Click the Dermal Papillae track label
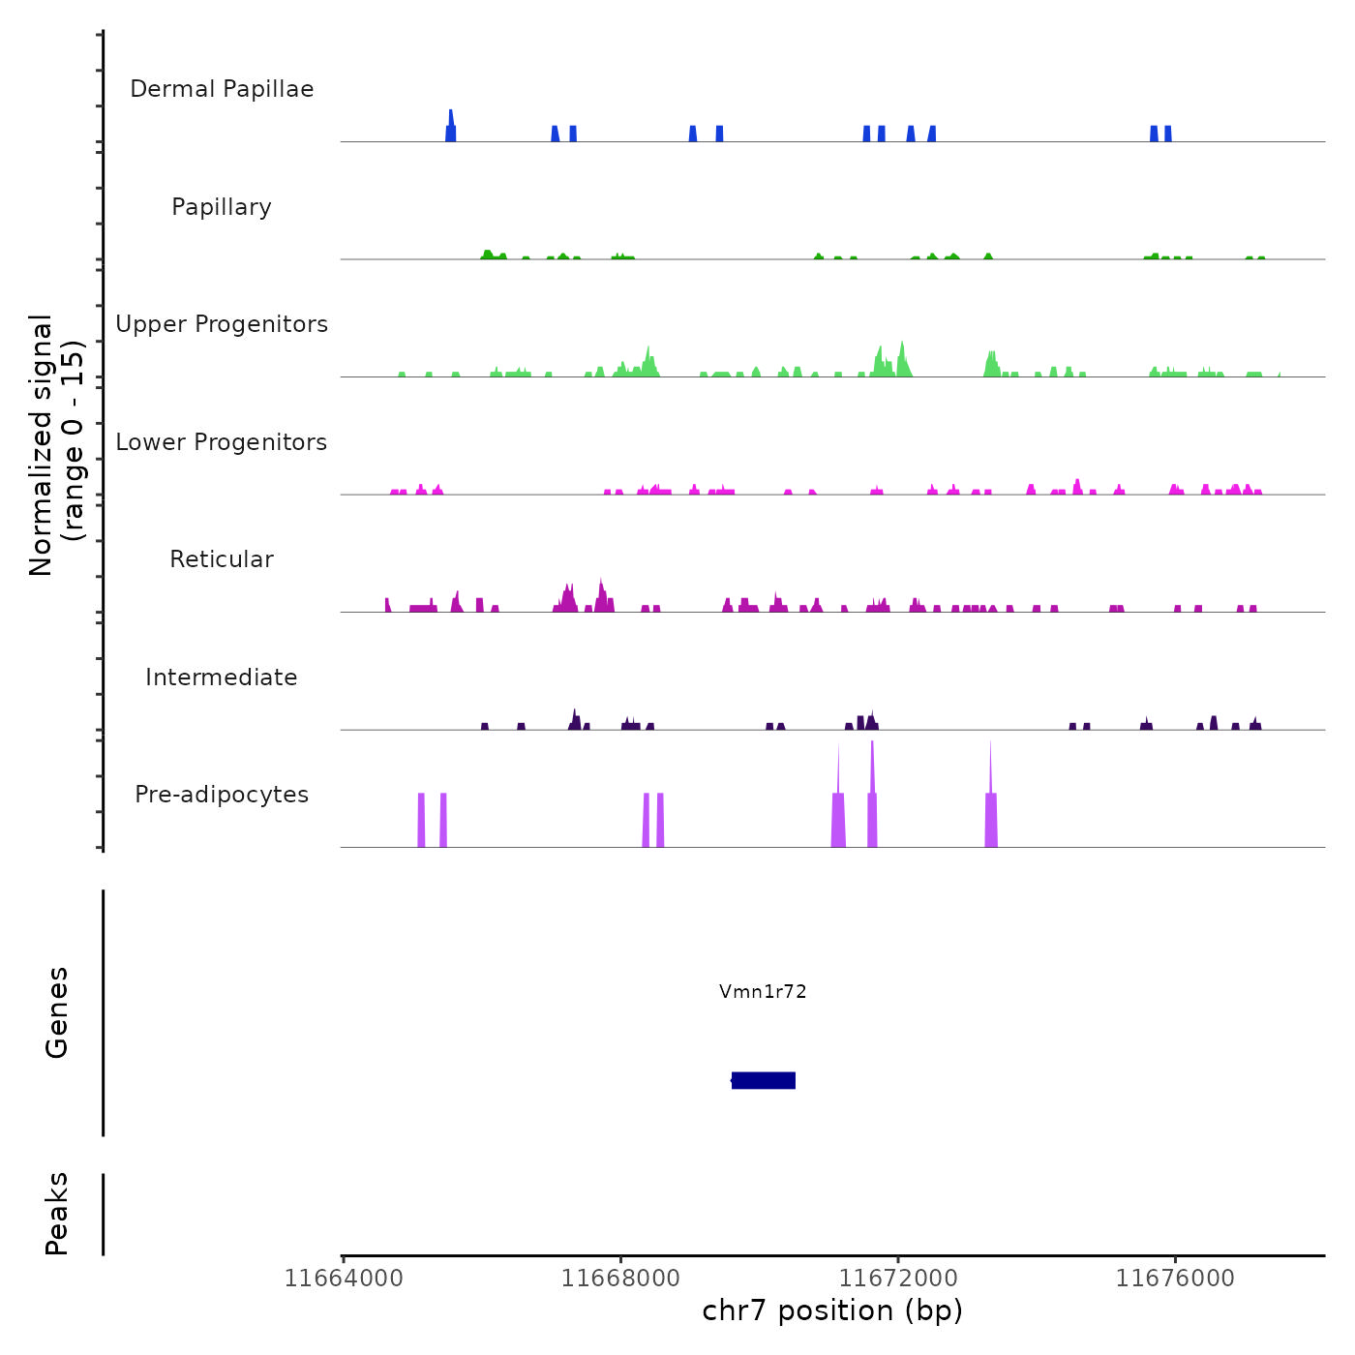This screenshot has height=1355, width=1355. click(x=222, y=89)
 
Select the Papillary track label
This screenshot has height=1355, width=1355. click(x=222, y=207)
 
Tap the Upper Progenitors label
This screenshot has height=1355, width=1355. click(x=222, y=324)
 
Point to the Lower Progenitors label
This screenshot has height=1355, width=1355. click(x=222, y=442)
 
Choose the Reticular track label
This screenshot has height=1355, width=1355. click(x=222, y=559)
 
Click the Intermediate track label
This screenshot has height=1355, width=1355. click(x=222, y=677)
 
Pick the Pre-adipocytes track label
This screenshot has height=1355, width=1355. click(x=222, y=795)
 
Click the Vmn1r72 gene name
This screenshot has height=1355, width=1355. click(x=763, y=991)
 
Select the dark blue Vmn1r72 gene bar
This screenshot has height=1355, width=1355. click(x=764, y=1080)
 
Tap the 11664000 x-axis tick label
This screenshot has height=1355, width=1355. click(x=344, y=1279)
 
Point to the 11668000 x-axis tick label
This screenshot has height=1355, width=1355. click(x=620, y=1279)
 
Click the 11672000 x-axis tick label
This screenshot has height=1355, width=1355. click(x=898, y=1279)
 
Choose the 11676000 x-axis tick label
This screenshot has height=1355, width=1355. click(x=1175, y=1279)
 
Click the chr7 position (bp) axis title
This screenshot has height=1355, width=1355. click(x=832, y=1310)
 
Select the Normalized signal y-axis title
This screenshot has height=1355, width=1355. click(x=56, y=445)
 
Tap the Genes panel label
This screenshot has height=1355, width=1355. click(x=57, y=1012)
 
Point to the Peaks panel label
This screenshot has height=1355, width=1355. click(x=57, y=1214)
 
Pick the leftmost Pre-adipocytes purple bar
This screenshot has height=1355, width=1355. click(x=421, y=820)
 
